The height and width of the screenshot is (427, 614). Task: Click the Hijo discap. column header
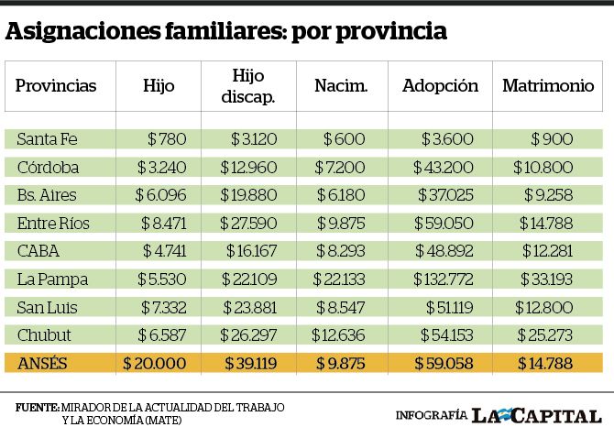pyautogui.click(x=248, y=86)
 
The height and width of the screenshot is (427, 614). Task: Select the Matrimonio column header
pyautogui.click(x=548, y=86)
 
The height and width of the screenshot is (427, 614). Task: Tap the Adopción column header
pyautogui.click(x=441, y=86)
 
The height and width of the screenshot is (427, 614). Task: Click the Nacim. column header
pyautogui.click(x=341, y=86)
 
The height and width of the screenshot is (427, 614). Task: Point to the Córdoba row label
pyautogui.click(x=49, y=168)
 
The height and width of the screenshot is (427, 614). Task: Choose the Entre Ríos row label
pyautogui.click(x=53, y=223)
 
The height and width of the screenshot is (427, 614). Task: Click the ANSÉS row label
pyautogui.click(x=42, y=363)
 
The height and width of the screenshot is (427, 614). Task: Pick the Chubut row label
pyautogui.click(x=44, y=335)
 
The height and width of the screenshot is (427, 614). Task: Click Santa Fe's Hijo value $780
pyautogui.click(x=167, y=139)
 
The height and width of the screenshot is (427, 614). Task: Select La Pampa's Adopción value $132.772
pyautogui.click(x=444, y=279)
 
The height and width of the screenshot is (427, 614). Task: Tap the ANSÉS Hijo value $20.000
pyautogui.click(x=154, y=363)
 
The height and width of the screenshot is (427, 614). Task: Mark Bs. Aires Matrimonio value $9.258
pyautogui.click(x=549, y=195)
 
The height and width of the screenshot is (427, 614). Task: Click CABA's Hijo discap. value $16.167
pyautogui.click(x=251, y=251)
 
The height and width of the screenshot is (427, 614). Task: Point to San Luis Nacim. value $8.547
pyautogui.click(x=341, y=307)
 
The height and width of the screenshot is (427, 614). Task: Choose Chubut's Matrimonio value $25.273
pyautogui.click(x=544, y=335)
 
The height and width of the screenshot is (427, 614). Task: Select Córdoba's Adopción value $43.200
pyautogui.click(x=444, y=168)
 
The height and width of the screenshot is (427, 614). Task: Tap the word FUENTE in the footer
pyautogui.click(x=38, y=408)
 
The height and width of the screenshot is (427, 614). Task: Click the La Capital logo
pyautogui.click(x=536, y=416)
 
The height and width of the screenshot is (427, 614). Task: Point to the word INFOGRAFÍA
pyautogui.click(x=432, y=415)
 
